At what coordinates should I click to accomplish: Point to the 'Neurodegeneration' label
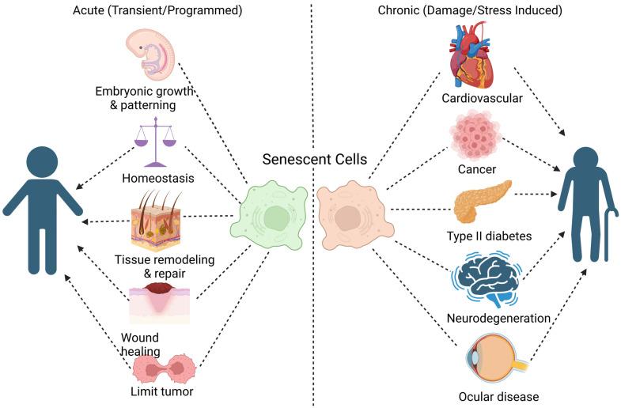click(x=498, y=319)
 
